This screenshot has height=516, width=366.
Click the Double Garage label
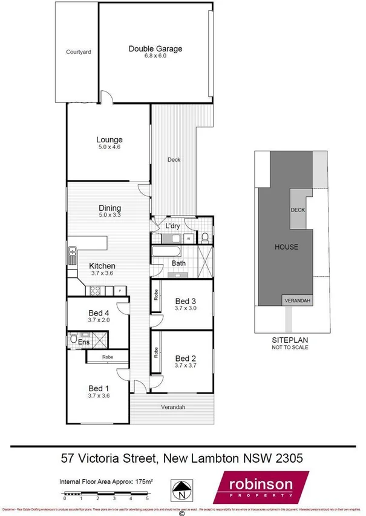pos(155,48)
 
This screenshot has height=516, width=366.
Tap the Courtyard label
pos(78,53)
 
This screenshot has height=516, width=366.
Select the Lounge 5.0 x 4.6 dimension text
pos(108,147)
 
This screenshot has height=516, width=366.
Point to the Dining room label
pos(109,208)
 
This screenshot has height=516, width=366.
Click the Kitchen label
pos(102,266)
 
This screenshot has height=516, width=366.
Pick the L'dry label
pos(172,227)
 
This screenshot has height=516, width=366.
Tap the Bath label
pos(178,263)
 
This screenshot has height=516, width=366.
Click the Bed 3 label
pos(185,301)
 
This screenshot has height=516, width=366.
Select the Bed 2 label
pos(185,357)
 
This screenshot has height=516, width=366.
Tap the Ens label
pos(83,342)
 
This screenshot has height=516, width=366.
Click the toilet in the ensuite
pos(73,340)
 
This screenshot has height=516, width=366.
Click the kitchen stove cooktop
pos(96,291)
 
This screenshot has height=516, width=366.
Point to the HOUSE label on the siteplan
pos(286,247)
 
